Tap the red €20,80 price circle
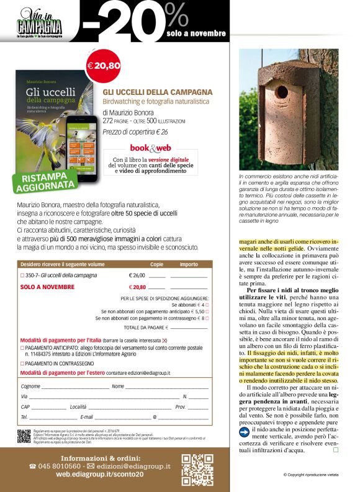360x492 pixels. tap(103, 65)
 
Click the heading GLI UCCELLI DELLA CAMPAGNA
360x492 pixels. tap(157, 92)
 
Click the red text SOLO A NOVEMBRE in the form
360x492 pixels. tap(47, 287)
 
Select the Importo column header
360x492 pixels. tap(189, 264)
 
